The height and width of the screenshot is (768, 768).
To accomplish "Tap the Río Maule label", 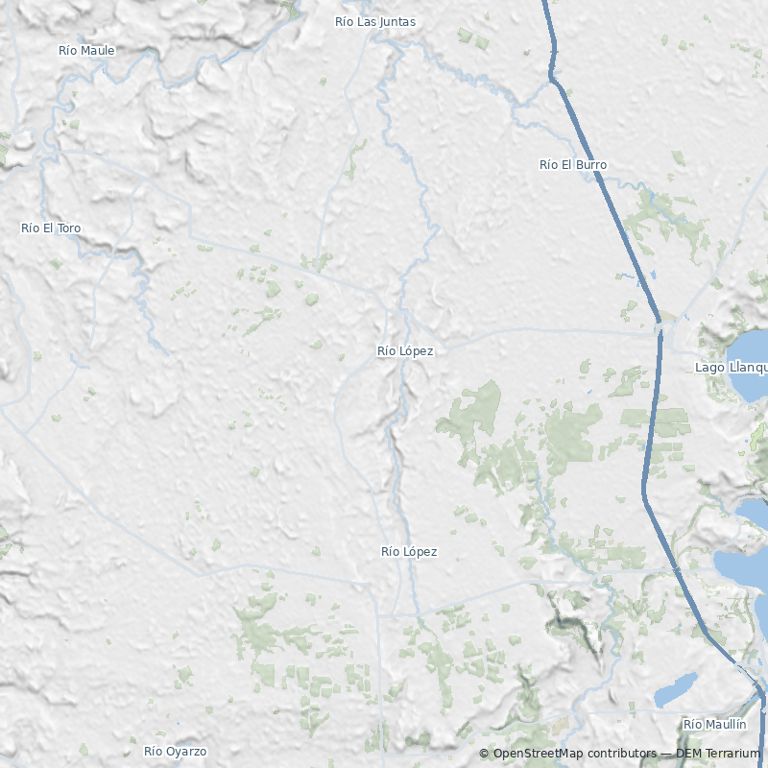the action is (86, 50).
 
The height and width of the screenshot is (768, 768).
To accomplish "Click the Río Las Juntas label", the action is (374, 21).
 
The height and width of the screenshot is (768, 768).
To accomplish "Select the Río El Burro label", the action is (573, 165).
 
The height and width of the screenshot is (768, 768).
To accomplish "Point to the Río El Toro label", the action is (51, 228).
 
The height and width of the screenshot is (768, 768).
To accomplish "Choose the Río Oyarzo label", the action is (175, 752).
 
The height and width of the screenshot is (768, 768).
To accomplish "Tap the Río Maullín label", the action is (714, 724).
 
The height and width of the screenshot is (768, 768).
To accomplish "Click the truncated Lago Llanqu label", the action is (731, 368).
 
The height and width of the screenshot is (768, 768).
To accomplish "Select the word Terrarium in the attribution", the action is (732, 754).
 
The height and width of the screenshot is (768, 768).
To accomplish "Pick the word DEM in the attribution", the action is (688, 754).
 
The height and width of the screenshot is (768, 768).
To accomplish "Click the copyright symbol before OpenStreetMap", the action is (484, 754).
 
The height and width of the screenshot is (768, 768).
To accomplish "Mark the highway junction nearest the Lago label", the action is (660, 326).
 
